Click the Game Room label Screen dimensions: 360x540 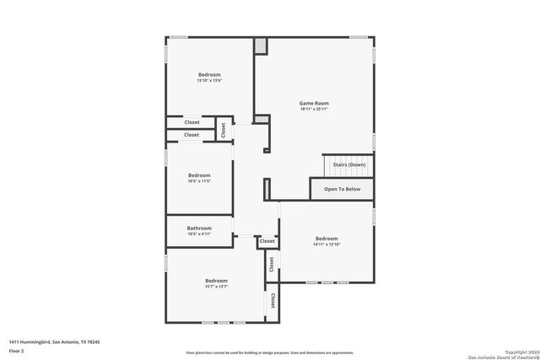tap(314, 103)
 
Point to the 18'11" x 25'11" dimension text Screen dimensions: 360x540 tap(314, 110)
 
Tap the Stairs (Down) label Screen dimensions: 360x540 tap(348, 164)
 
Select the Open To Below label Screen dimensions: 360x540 tap(343, 189)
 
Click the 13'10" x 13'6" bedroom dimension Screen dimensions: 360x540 tap(209, 81)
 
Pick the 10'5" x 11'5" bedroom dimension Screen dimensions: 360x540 tap(199, 181)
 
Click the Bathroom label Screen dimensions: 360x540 tap(199, 228)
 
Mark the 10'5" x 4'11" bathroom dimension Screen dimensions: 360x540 tap(199, 234)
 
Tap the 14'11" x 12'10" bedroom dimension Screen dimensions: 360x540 tap(326, 244)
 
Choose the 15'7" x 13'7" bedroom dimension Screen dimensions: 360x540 tap(216, 287)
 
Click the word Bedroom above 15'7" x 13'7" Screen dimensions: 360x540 tap(216, 280)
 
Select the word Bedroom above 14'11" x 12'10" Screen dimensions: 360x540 tap(326, 238)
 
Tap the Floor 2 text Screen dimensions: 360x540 tap(17, 351)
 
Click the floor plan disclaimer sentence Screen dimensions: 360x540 tap(270, 352)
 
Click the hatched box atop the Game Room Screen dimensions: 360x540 tap(261, 46)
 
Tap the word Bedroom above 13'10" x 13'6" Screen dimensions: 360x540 tap(209, 74)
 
